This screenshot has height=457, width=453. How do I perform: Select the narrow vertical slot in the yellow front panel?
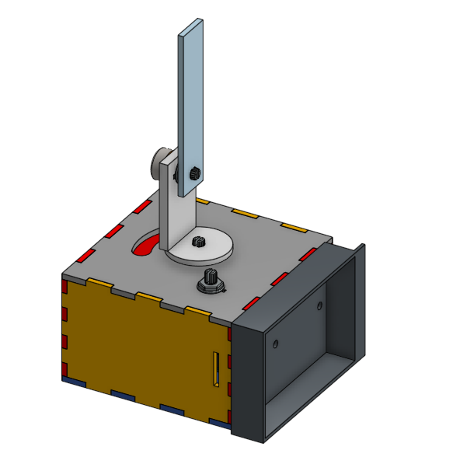(x=217, y=369)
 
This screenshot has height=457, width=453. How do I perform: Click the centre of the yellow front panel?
(x=144, y=346)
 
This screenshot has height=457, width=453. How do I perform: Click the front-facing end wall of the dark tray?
(x=249, y=381)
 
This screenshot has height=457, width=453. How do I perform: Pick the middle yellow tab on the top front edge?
(x=148, y=297)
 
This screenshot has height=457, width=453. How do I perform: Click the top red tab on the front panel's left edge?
(x=65, y=288)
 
